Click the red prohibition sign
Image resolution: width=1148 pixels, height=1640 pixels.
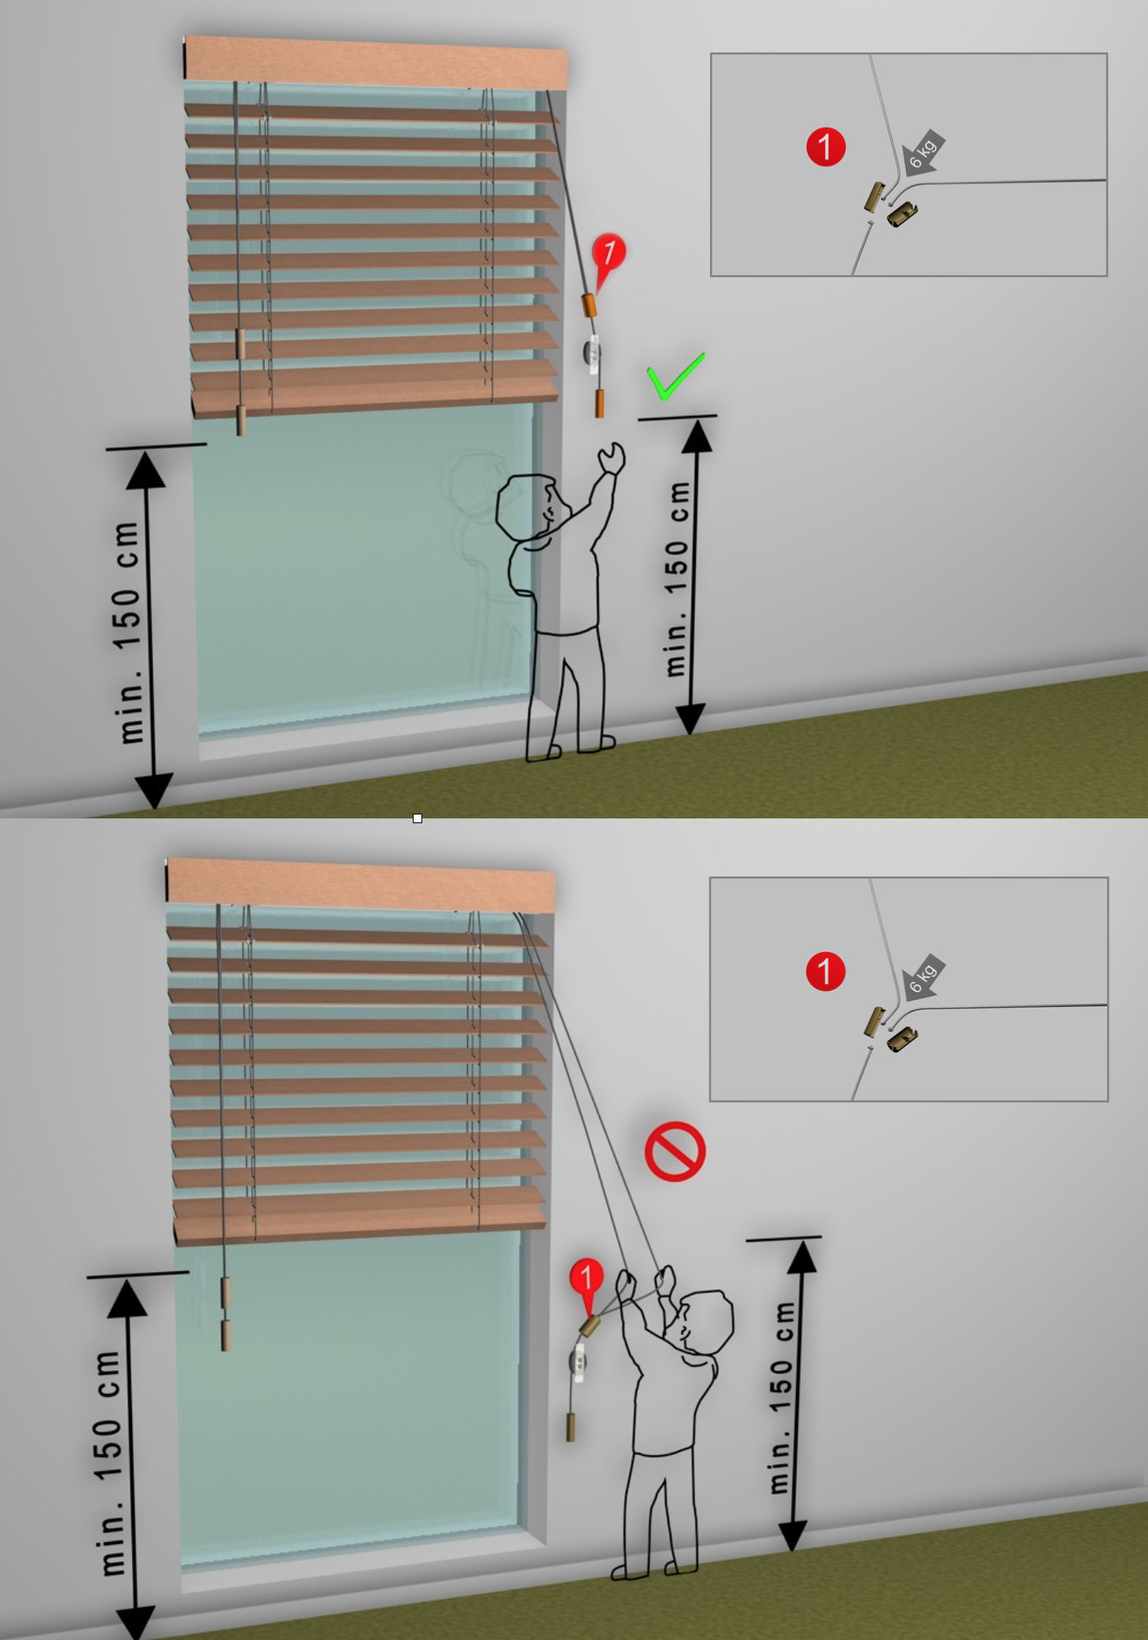(x=675, y=1151)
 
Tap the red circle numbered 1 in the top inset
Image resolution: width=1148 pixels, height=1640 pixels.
(x=826, y=147)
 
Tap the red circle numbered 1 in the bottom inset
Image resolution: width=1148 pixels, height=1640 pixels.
(x=826, y=971)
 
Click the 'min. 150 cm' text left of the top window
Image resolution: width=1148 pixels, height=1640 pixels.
(x=127, y=631)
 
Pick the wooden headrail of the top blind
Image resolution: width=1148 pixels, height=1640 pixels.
(x=376, y=61)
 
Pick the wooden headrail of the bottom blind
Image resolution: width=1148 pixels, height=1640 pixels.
(x=361, y=884)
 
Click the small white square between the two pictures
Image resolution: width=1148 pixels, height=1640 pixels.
(x=418, y=818)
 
